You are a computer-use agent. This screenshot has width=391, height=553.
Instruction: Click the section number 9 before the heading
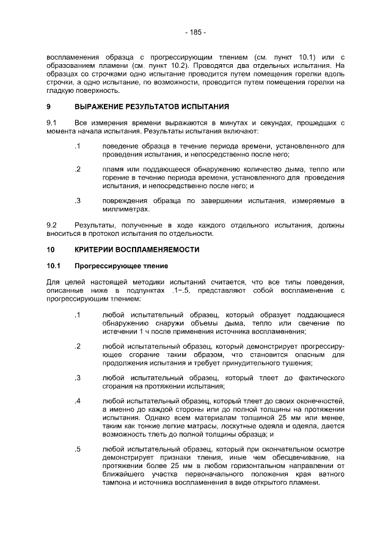point(49,106)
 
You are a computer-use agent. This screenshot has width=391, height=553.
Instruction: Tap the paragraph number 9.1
point(51,123)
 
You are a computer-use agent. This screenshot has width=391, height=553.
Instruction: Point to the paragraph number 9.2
point(51,225)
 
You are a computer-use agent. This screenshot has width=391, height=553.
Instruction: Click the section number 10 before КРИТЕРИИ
point(51,249)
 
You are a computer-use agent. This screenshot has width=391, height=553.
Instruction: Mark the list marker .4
point(78,401)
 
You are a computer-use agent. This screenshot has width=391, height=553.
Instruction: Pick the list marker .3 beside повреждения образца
point(78,200)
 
